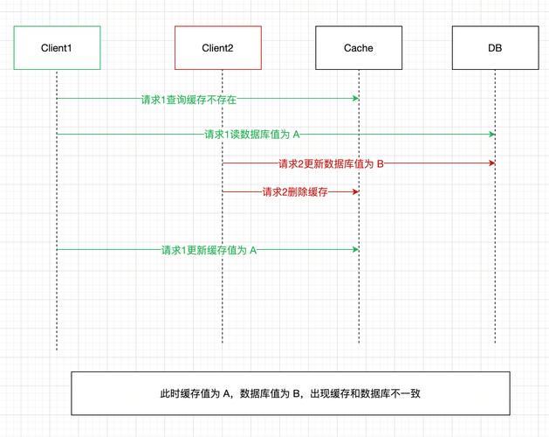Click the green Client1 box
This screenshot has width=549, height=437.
click(57, 48)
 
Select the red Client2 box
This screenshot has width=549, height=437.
click(217, 48)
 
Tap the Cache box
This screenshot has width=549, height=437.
click(358, 48)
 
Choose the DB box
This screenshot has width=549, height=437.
click(495, 48)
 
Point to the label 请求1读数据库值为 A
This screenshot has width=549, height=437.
click(252, 135)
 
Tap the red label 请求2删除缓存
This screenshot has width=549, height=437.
click(295, 191)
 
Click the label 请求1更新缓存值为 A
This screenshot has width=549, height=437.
click(209, 250)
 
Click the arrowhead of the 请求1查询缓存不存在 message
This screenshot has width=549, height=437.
click(355, 98)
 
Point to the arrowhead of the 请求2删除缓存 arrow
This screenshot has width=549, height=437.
click(355, 191)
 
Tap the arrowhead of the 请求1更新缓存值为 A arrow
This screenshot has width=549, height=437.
click(355, 249)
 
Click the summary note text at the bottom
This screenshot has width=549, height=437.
click(290, 393)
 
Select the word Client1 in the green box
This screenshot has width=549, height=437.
click(57, 48)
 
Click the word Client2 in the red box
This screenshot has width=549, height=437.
click(217, 48)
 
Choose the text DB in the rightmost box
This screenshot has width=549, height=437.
click(495, 48)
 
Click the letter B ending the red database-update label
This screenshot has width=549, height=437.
click(380, 163)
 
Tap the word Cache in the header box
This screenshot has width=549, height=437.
click(358, 48)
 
